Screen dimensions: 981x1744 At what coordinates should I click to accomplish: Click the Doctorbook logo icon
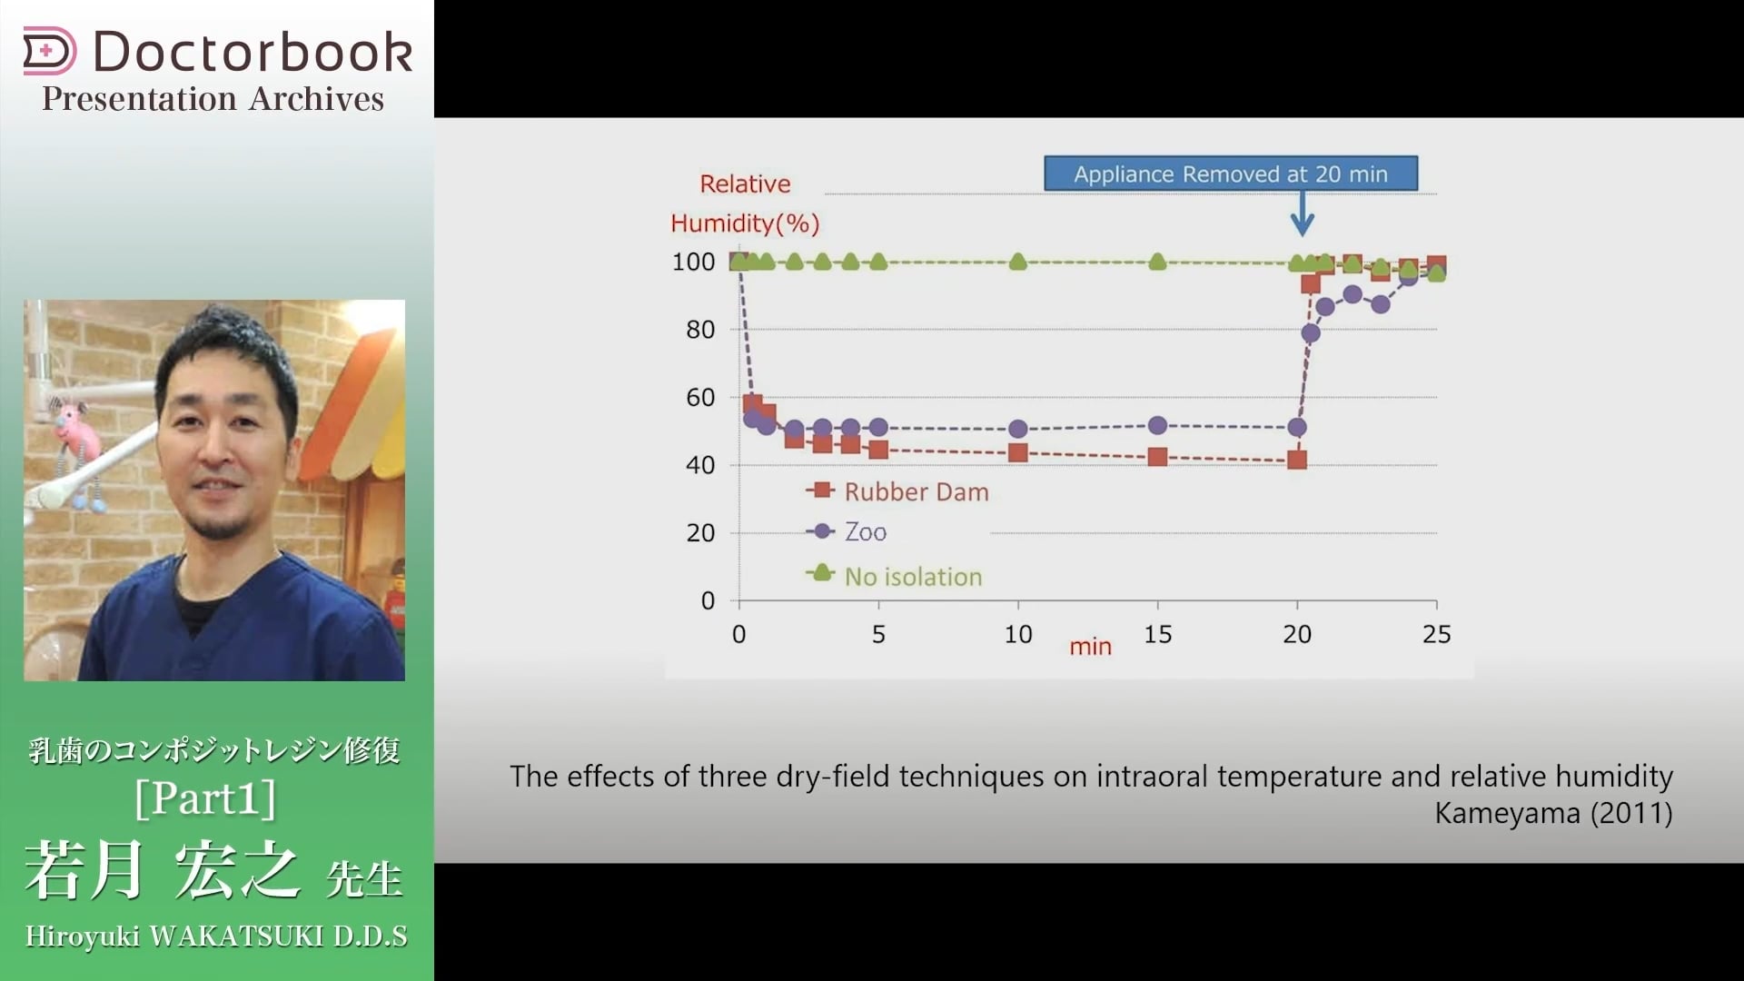tap(49, 51)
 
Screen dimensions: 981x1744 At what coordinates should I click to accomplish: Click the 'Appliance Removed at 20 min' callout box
tap(1231, 173)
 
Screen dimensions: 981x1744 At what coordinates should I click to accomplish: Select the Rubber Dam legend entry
tap(897, 491)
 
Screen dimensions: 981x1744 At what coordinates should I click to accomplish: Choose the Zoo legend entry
tap(847, 531)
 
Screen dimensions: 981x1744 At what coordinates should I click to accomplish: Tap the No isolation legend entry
tap(895, 576)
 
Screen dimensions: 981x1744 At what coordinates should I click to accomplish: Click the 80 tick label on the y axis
tap(700, 330)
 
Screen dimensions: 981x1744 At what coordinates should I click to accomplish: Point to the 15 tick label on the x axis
tap(1157, 634)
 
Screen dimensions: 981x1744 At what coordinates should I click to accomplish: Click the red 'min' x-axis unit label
tap(1090, 647)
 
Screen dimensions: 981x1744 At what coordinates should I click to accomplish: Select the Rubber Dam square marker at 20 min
tap(1297, 460)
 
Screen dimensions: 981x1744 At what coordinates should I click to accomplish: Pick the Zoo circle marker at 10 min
tap(1018, 429)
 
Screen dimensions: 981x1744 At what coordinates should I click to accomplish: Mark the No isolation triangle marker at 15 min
tap(1157, 262)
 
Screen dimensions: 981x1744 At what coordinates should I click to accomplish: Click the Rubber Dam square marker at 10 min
tap(1018, 452)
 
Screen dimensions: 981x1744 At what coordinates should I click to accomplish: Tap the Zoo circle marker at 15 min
tap(1157, 425)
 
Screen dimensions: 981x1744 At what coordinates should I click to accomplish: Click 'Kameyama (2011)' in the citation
tap(1553, 813)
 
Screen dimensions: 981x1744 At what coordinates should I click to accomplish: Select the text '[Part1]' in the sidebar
tap(205, 798)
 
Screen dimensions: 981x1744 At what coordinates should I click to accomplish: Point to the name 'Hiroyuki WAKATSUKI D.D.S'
tap(216, 936)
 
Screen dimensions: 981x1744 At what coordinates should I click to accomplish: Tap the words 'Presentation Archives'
tap(213, 99)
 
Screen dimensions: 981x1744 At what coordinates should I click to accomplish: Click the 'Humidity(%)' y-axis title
tap(745, 223)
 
